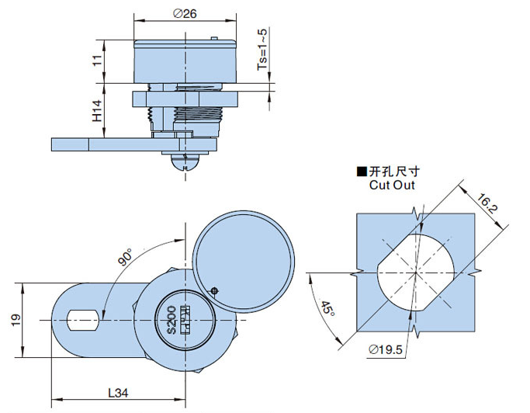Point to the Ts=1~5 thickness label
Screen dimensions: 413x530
pos(263,52)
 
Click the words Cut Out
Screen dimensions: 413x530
pos(392,185)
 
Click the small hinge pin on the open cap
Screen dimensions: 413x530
pos(215,290)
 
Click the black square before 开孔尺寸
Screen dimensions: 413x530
pos(360,172)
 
